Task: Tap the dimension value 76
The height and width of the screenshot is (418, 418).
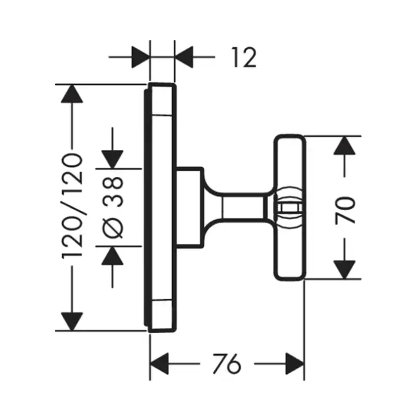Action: click(226, 362)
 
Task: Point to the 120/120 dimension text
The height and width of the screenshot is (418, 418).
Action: click(72, 206)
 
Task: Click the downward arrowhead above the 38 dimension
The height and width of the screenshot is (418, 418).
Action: click(113, 159)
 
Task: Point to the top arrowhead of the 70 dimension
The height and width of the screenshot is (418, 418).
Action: click(344, 146)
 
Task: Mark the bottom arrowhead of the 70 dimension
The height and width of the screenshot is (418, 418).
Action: click(344, 269)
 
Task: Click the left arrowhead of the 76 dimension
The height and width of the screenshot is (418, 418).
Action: click(159, 362)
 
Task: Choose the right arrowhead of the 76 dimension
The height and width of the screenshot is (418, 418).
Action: click(294, 362)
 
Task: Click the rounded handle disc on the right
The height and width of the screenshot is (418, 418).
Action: click(290, 239)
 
